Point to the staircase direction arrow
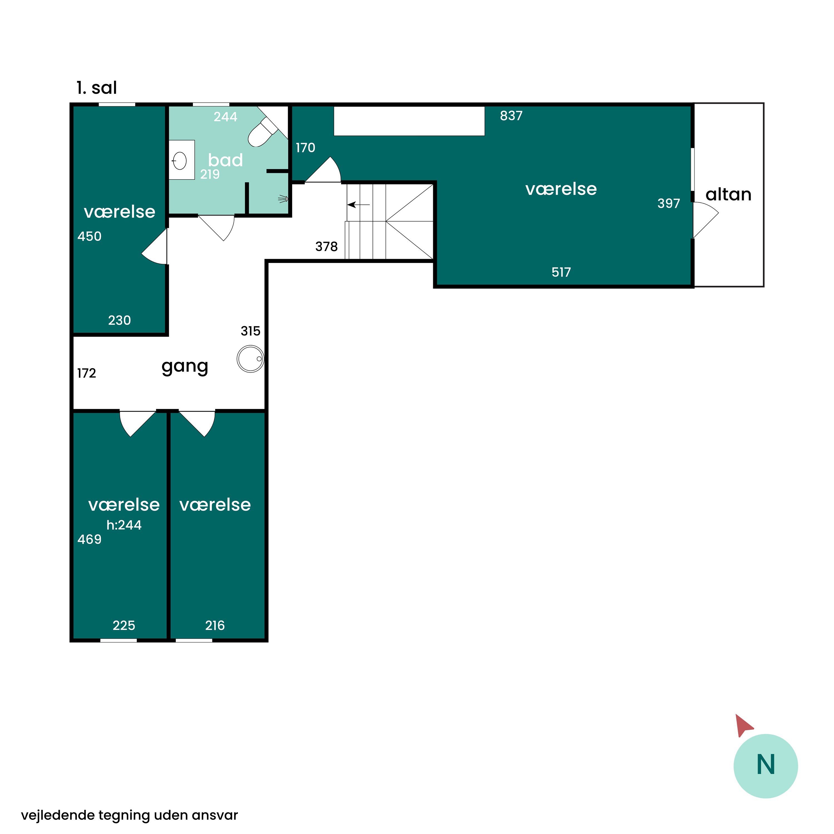coord(359,205)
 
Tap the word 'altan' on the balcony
coord(728,194)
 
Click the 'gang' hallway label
coord(185,367)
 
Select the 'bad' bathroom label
coord(225,160)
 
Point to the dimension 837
coord(511,116)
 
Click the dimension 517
coord(561,272)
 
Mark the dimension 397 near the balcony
coord(669,203)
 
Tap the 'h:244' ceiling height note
coord(124,525)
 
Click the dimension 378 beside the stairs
coord(326,247)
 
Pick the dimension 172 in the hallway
coord(86,373)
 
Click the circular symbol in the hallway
coord(250,359)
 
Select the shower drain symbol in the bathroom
coord(283,199)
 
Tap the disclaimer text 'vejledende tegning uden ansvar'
coord(130,815)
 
